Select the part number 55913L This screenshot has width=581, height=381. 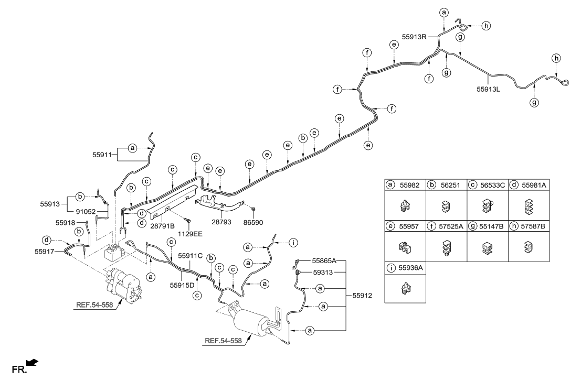pyautogui.click(x=489, y=90)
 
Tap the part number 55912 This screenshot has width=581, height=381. pyautogui.click(x=360, y=296)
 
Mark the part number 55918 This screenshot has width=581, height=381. pyautogui.click(x=66, y=223)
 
